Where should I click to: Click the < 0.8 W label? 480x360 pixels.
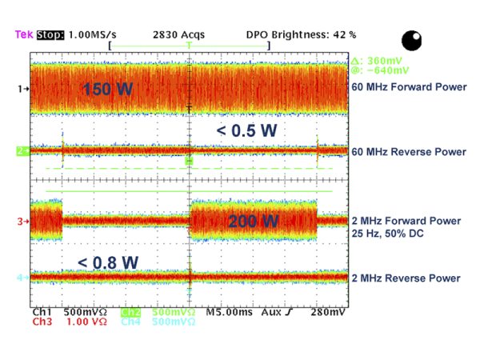[x=107, y=262]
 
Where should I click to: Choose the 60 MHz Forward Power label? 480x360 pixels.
[x=408, y=89]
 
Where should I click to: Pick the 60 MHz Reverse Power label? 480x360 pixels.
[x=409, y=151]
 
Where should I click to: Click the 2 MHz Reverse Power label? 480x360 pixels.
[x=406, y=278]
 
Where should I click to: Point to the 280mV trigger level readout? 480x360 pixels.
[x=329, y=311]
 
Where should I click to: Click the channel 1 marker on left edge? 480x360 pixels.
[x=24, y=90]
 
